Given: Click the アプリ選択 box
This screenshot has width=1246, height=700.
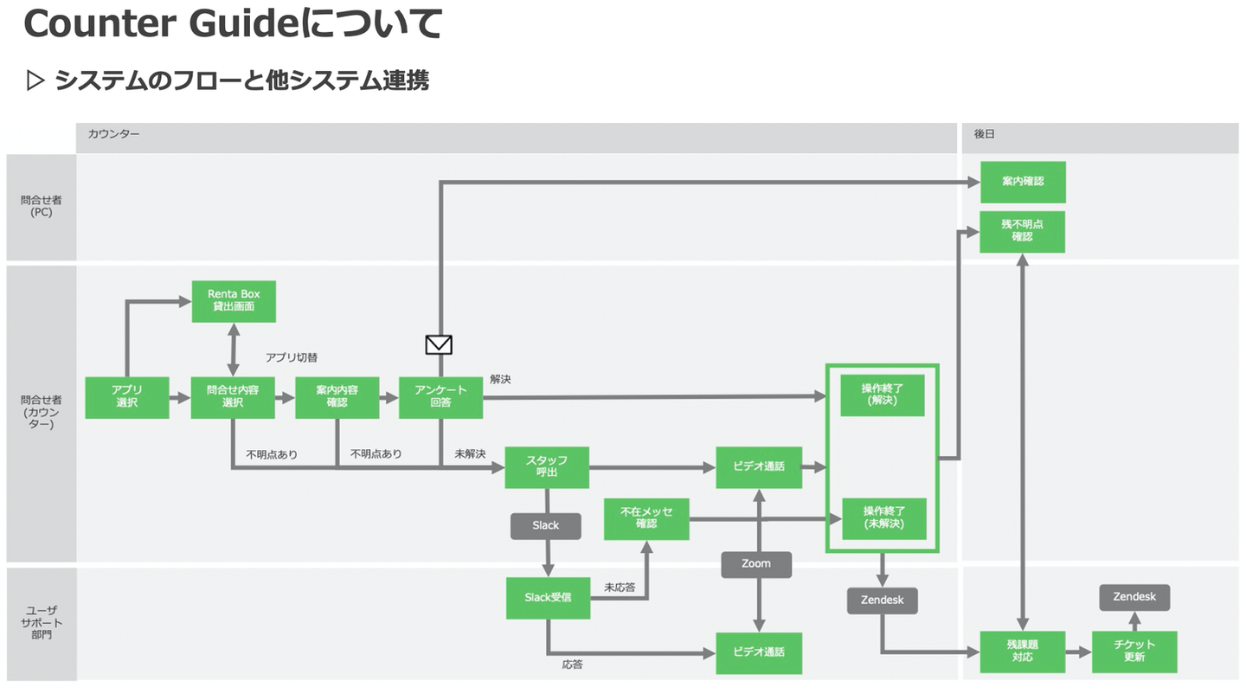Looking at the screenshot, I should [127, 397].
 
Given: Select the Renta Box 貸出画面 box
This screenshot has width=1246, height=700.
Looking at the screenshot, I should [234, 300].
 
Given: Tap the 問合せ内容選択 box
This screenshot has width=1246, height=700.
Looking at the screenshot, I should [233, 397].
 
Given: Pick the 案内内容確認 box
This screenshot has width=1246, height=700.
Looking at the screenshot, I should [337, 397].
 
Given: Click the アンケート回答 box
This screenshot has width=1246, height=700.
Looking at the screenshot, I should [440, 397].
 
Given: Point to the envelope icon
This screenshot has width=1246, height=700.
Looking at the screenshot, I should [439, 344].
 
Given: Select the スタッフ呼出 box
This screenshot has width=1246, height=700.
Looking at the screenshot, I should [547, 467].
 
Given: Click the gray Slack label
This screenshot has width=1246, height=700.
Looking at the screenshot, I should [545, 525].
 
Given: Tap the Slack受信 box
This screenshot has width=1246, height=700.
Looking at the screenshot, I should [548, 598].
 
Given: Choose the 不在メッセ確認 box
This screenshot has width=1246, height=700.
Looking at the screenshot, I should [646, 518].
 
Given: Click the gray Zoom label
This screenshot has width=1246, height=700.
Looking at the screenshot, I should [756, 563].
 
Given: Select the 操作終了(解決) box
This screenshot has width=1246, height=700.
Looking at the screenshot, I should [883, 395].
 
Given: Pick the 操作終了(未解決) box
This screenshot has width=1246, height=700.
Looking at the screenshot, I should [883, 518].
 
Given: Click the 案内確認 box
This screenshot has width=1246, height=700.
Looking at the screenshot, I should [1022, 182].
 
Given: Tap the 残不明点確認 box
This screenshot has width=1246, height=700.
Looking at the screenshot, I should [1022, 231].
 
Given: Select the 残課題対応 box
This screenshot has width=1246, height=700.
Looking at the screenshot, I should [1022, 652].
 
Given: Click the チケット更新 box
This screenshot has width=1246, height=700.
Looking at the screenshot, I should [1134, 652].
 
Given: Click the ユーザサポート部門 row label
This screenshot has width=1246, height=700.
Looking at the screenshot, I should [42, 623].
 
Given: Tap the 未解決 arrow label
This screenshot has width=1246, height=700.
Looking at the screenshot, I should [470, 453].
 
